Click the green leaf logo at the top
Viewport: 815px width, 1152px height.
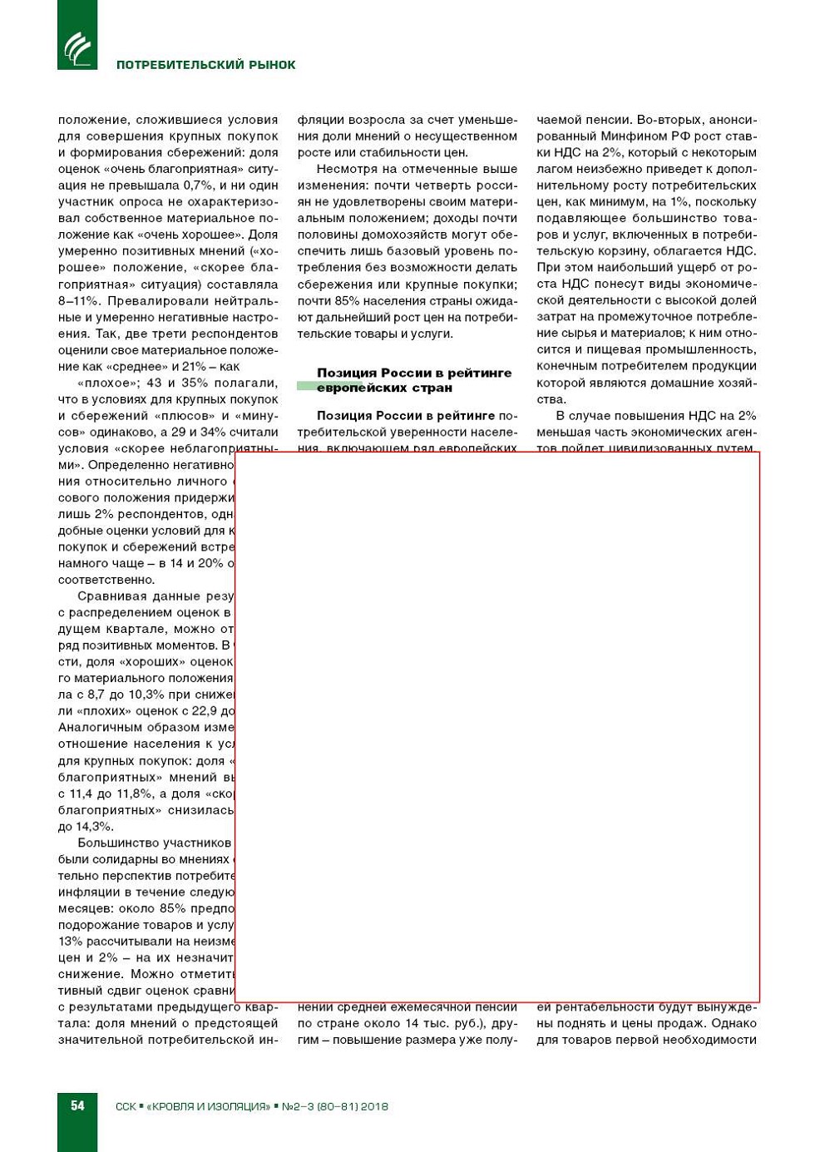(77, 47)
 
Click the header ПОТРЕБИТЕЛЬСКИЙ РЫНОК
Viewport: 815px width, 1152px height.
(205, 65)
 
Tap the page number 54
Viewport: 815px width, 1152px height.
(77, 1105)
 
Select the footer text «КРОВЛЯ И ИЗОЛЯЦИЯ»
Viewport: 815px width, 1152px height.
(208, 1106)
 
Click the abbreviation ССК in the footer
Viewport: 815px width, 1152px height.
(126, 1106)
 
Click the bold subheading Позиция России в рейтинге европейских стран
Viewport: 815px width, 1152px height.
(413, 380)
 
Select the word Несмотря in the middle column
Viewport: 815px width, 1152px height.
(343, 169)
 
